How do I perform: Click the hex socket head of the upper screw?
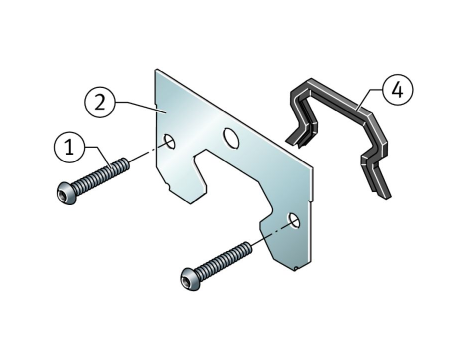(x=65, y=192)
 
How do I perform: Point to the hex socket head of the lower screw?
(x=189, y=278)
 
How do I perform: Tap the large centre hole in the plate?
(x=231, y=138)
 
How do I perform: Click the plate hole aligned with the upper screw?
(x=169, y=141)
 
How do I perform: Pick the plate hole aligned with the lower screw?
(x=294, y=220)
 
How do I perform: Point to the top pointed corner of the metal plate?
(x=156, y=70)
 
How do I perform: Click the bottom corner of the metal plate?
(x=295, y=269)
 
